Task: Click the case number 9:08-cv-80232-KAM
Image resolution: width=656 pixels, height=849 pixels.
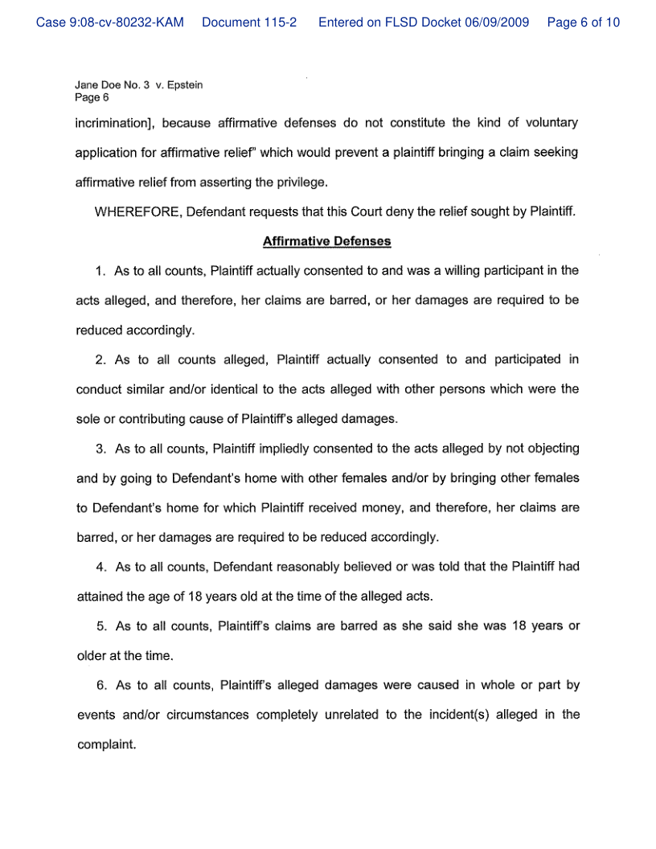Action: coord(110,23)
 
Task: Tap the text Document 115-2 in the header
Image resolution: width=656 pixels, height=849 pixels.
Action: coord(249,23)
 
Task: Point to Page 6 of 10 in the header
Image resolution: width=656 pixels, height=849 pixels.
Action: coord(583,23)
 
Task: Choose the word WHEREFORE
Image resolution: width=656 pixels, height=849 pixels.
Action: coord(137,211)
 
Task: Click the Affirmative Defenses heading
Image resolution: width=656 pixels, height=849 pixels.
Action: coord(327,241)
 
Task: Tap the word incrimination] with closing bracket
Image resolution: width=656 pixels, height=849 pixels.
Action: coord(113,123)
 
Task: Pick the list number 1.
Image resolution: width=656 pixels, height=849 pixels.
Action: coord(100,271)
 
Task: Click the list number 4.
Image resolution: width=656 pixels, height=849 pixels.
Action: coord(100,567)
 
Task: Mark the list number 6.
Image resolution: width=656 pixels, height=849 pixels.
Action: coord(100,686)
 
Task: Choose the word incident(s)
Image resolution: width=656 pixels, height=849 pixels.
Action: coord(440,715)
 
